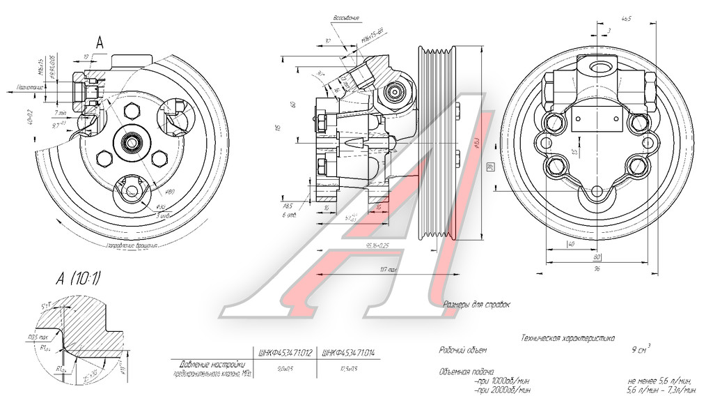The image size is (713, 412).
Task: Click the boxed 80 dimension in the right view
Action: [x=597, y=257]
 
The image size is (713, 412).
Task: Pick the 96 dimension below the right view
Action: [x=597, y=269]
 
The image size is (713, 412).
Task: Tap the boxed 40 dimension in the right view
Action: [x=570, y=244]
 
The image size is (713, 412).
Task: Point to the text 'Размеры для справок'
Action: [x=477, y=305]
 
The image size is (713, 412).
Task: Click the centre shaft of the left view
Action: [x=131, y=143]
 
